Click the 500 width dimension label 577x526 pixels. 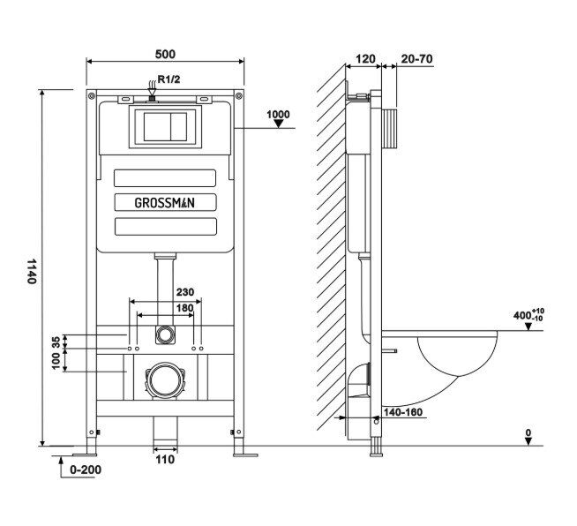tap(164, 51)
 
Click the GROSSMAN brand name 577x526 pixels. tap(165, 201)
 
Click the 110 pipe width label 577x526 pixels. tap(165, 459)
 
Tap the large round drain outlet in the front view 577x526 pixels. tap(164, 380)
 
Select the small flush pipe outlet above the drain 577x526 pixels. tap(164, 335)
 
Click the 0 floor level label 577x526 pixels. tap(528, 432)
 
